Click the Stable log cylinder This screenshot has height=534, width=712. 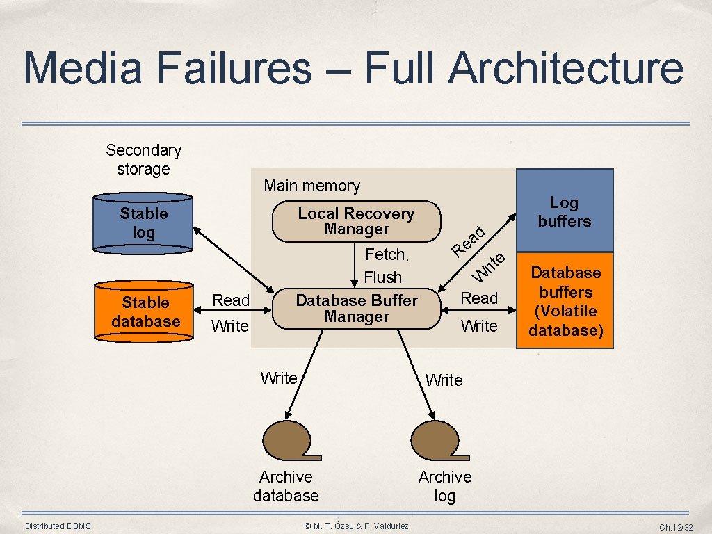click(143, 222)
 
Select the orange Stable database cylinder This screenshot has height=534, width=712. click(144, 311)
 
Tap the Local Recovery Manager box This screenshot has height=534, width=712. click(356, 222)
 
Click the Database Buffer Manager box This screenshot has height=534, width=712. click(356, 309)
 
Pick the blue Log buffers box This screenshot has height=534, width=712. click(564, 211)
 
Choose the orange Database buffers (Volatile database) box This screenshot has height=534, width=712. click(565, 300)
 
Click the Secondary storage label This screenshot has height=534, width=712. click(143, 160)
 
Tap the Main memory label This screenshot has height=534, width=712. click(311, 186)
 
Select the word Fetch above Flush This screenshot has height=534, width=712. click(387, 255)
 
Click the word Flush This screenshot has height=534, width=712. click(383, 277)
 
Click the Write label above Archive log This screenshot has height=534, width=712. click(444, 380)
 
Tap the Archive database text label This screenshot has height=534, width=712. click(286, 486)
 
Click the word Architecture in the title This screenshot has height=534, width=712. click(565, 68)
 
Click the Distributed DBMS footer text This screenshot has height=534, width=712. click(58, 526)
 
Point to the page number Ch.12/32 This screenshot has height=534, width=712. click(676, 528)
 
